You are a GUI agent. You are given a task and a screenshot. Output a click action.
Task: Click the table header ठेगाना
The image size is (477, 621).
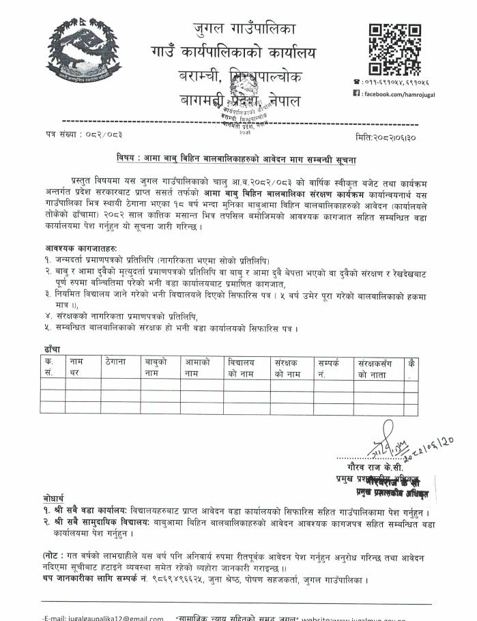point(117,362)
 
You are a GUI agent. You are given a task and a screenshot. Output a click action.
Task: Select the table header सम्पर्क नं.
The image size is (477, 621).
point(331,368)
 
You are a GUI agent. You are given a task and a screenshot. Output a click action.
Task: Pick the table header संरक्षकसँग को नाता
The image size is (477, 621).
point(377,368)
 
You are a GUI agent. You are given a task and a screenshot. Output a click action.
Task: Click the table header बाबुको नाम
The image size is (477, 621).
point(156,368)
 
